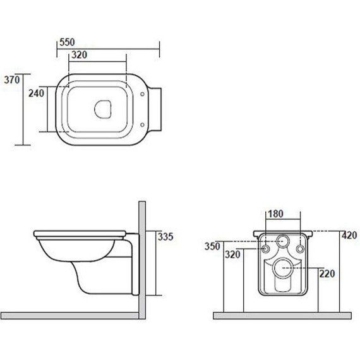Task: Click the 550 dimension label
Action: (67, 42)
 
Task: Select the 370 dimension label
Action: (12, 80)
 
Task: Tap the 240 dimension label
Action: (36, 93)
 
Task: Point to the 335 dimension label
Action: (165, 237)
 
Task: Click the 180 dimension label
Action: (275, 214)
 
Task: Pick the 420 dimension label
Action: (349, 236)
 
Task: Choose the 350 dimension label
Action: (212, 246)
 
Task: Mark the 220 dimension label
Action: (327, 273)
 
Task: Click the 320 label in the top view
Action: (79, 55)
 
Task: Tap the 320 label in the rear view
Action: (232, 255)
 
